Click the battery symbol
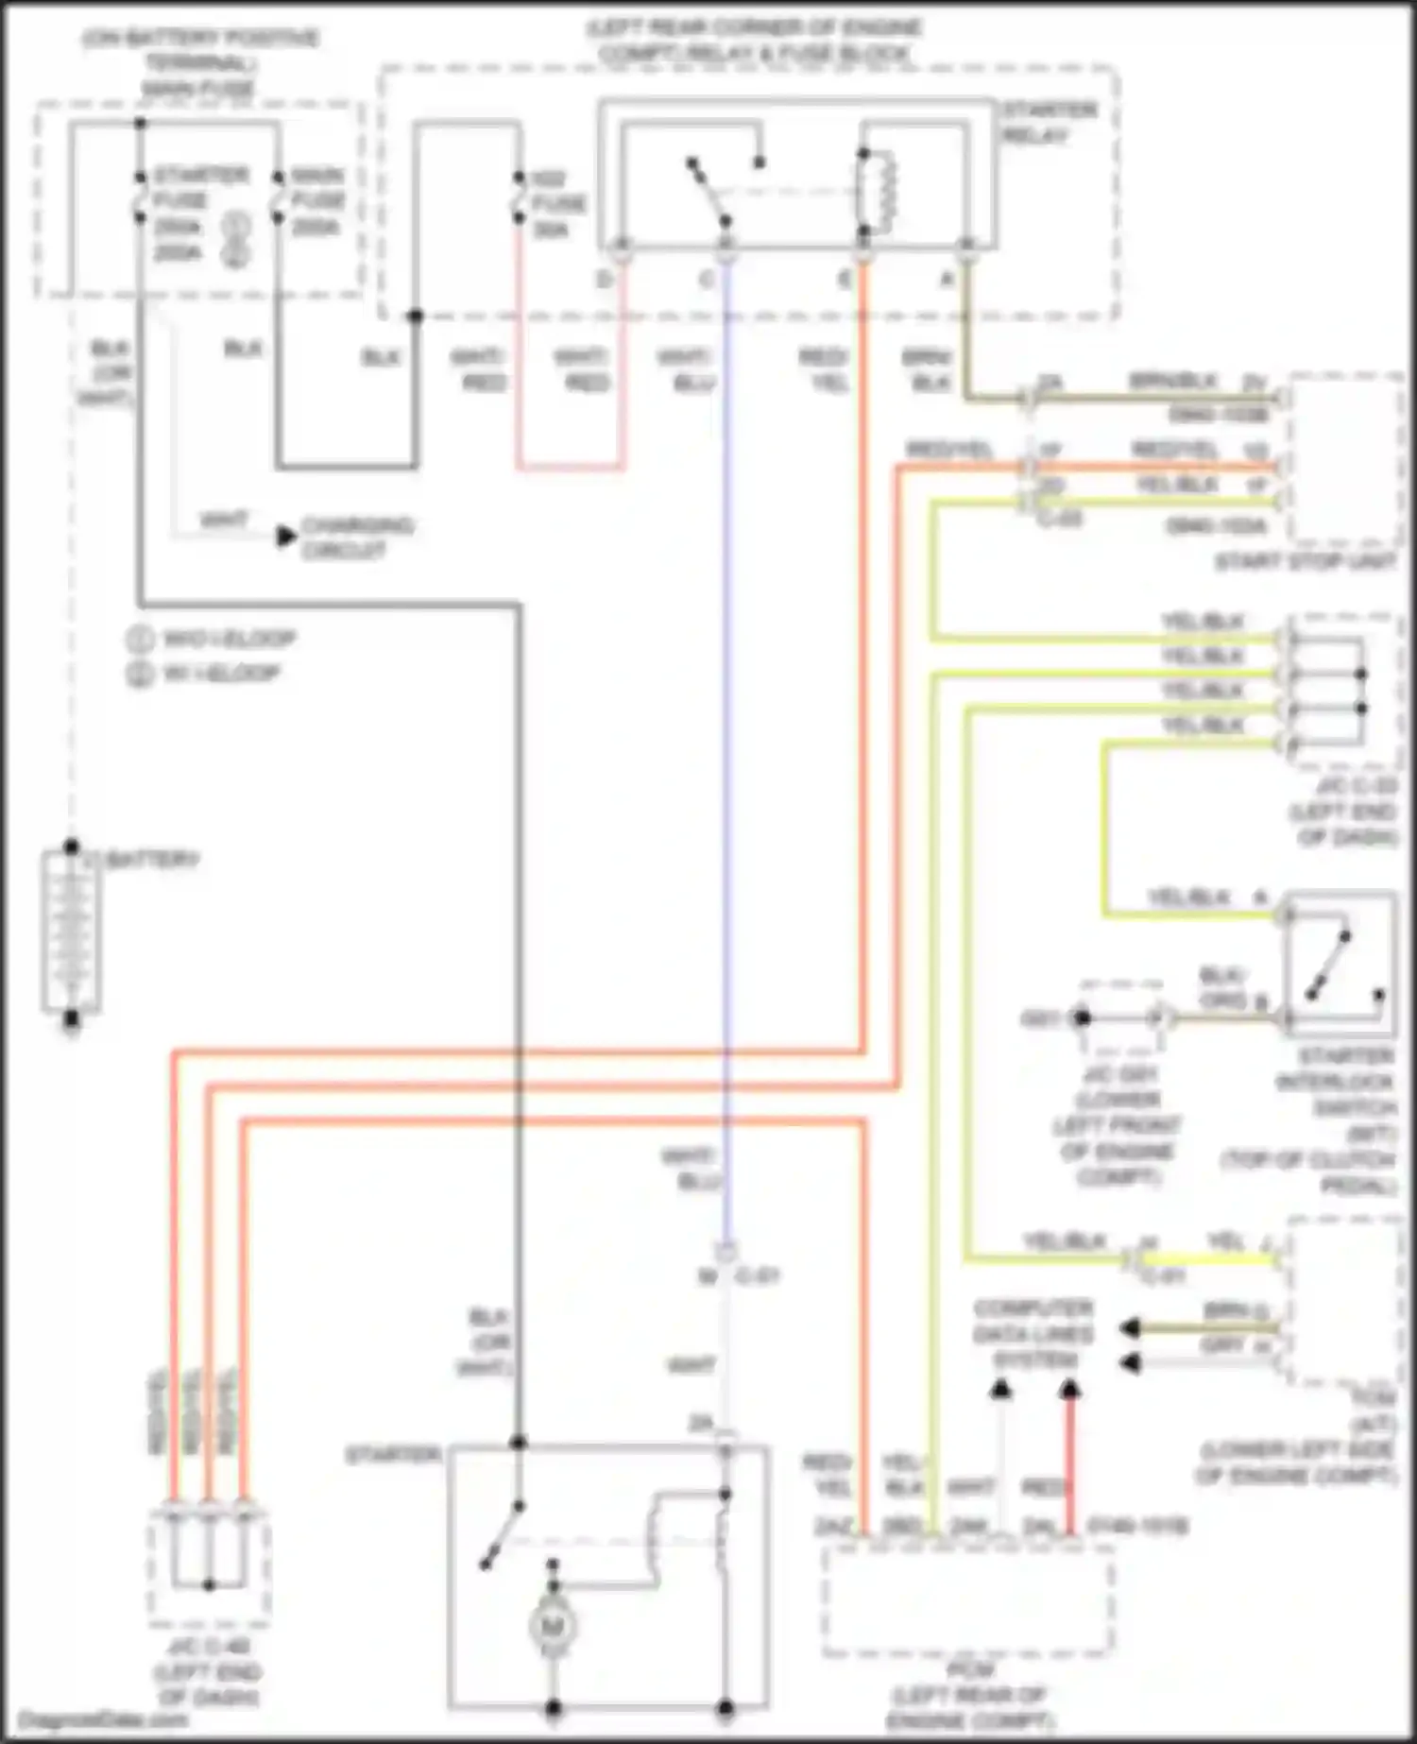pos(71,932)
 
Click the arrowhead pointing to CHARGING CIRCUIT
pos(286,537)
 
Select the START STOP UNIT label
pos(1305,561)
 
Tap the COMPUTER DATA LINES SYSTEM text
pos(1033,1334)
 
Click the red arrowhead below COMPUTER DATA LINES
pos(1069,1389)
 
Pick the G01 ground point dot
pos(1082,1018)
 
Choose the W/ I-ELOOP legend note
pos(221,674)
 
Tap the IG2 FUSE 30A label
pos(557,203)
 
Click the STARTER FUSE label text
pos(200,187)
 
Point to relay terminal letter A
pos(947,279)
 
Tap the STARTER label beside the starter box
pos(393,1455)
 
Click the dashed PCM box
pos(967,1601)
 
